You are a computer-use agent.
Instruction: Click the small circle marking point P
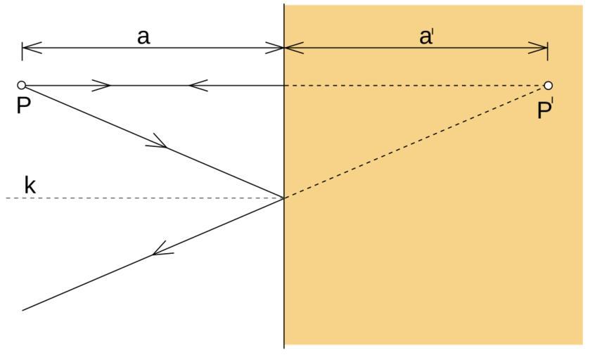(x=22, y=85)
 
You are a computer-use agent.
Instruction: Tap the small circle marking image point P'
(x=548, y=86)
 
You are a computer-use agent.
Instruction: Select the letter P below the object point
(x=23, y=108)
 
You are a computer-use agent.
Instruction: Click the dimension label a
(x=143, y=37)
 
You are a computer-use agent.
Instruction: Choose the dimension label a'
(x=426, y=37)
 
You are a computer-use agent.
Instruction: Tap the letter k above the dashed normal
(x=30, y=186)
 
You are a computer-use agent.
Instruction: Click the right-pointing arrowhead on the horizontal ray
(x=103, y=86)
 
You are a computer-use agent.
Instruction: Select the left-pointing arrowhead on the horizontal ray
(x=198, y=86)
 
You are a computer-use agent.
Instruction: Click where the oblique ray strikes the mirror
(x=284, y=198)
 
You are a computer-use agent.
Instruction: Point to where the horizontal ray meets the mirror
(x=284, y=86)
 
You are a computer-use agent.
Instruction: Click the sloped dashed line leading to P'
(x=415, y=142)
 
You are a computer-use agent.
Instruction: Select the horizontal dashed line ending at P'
(x=415, y=86)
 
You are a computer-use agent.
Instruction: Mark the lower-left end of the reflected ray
(x=24, y=309)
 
